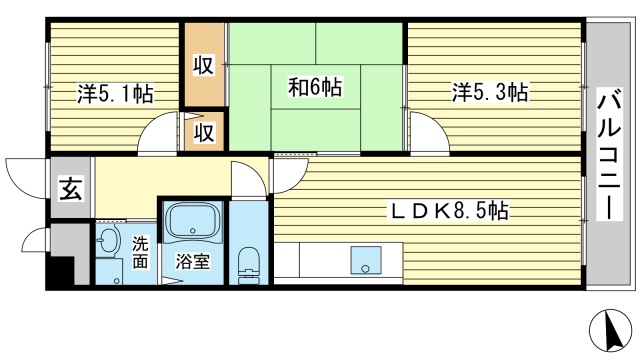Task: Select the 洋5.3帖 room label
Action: [489, 94]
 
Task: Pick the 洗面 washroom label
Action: [139, 252]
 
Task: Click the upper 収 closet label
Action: [203, 66]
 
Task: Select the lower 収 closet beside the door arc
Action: [204, 132]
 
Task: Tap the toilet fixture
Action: [249, 265]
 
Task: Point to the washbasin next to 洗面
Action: [109, 241]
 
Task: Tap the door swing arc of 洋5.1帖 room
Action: [157, 136]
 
